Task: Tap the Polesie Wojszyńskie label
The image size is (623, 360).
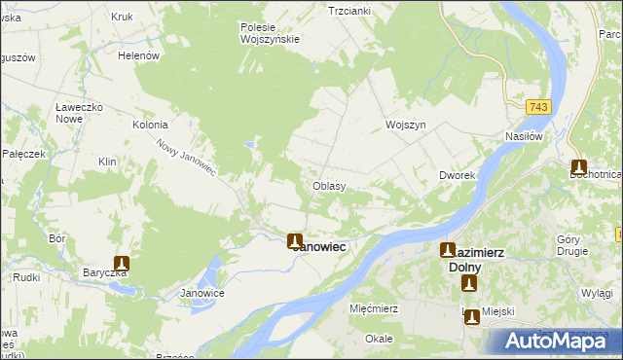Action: pos(270,33)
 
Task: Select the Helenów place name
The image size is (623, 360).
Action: pos(138,56)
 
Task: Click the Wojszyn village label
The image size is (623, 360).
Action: pos(406,126)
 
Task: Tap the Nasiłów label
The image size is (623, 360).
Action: pos(523,137)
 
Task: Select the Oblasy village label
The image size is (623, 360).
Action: pos(328,186)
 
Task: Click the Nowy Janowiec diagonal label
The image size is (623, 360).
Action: pos(186,157)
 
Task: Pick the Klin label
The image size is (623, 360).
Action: pos(107,162)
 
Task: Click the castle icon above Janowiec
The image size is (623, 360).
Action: pos(295,240)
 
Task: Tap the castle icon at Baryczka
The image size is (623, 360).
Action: pos(122,263)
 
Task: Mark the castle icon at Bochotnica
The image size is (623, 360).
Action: pos(579,166)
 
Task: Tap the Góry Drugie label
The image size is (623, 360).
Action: pos(572,245)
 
